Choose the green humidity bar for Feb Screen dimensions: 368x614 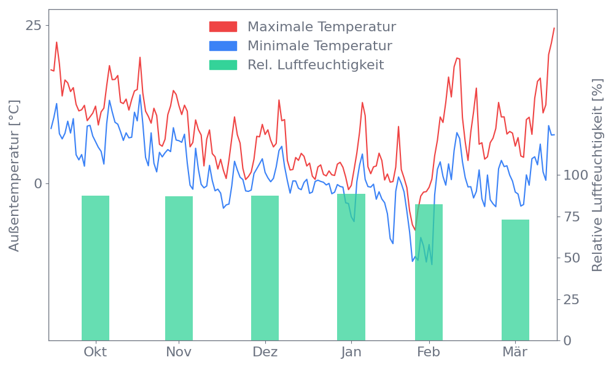(x=429, y=272)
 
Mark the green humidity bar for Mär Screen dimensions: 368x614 (x=515, y=280)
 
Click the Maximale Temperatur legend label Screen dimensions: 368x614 (x=322, y=27)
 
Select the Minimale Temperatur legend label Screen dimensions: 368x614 (x=319, y=46)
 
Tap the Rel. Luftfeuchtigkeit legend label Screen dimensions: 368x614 (x=316, y=65)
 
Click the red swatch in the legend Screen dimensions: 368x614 (x=223, y=27)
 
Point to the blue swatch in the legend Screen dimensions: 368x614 (x=223, y=46)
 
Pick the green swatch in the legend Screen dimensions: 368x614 (x=223, y=65)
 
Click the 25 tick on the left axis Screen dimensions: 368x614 (x=33, y=25)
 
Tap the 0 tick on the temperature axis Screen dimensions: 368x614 (x=37, y=183)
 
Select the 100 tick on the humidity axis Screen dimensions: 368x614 (x=576, y=175)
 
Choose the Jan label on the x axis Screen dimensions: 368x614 (x=351, y=352)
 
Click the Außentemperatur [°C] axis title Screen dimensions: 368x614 (x=15, y=175)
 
